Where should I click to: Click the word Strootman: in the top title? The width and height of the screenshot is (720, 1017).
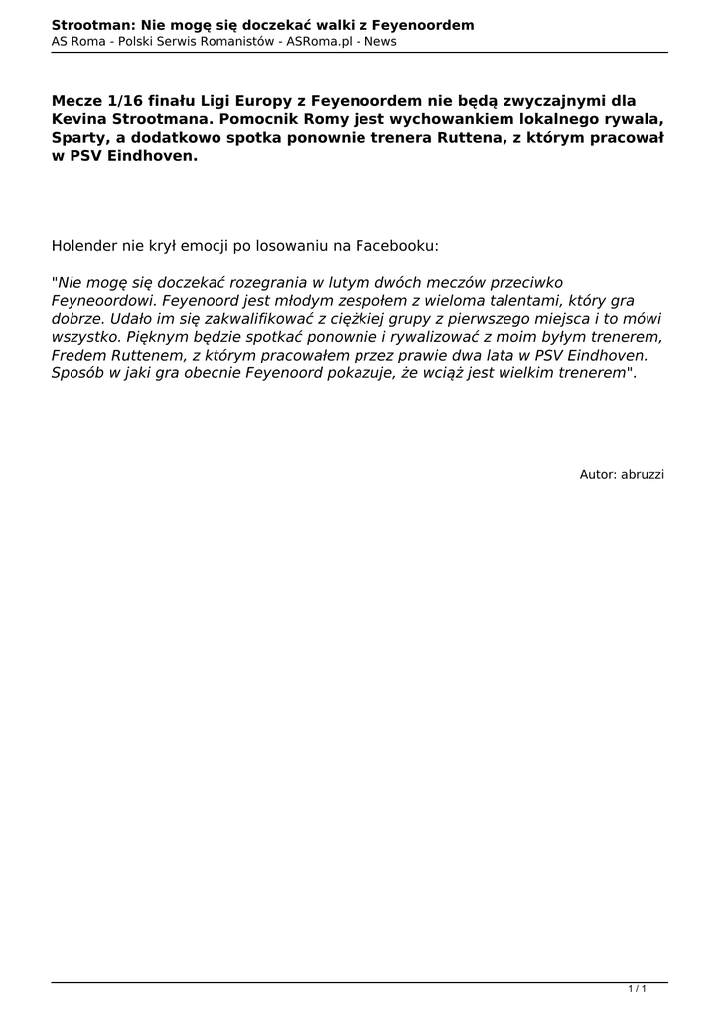point(93,24)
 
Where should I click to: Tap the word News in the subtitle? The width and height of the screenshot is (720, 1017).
point(381,42)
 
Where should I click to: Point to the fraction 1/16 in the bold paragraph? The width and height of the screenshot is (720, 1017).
point(123,100)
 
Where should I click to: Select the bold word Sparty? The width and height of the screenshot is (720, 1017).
point(80,138)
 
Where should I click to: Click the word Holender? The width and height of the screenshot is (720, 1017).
point(85,244)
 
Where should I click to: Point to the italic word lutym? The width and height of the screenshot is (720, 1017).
point(348,282)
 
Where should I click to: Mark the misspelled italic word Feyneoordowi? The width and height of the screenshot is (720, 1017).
point(103,300)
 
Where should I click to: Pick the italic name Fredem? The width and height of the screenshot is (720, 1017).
point(78,355)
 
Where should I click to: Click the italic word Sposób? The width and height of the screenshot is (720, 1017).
point(78,373)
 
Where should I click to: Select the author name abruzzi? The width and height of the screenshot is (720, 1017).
point(643,475)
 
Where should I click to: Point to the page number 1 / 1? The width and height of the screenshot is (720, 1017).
point(638,989)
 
